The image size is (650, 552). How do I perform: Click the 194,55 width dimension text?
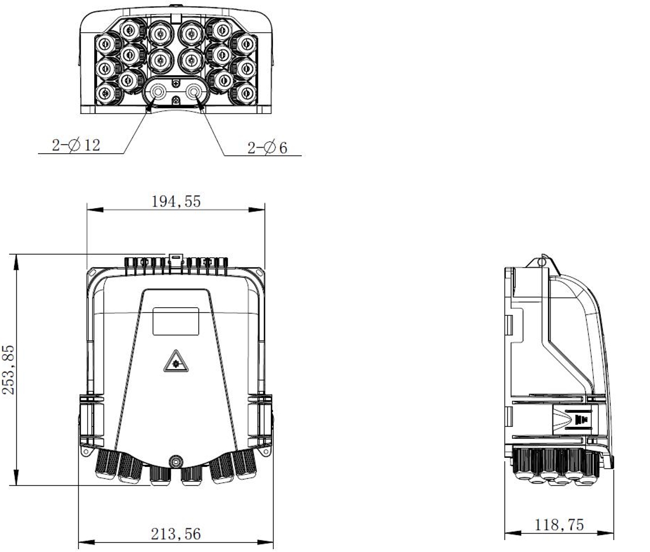point(177,202)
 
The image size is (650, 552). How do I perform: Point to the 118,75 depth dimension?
point(560,524)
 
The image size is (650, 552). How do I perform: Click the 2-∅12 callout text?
point(76,146)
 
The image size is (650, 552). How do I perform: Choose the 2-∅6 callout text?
point(268,148)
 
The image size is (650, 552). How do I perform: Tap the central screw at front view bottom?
point(175,462)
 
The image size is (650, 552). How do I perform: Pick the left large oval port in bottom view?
point(157,93)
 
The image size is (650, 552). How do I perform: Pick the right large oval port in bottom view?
point(194,93)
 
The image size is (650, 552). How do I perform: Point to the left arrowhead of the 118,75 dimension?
point(509,534)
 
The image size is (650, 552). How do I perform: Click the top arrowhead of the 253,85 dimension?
point(17,259)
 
